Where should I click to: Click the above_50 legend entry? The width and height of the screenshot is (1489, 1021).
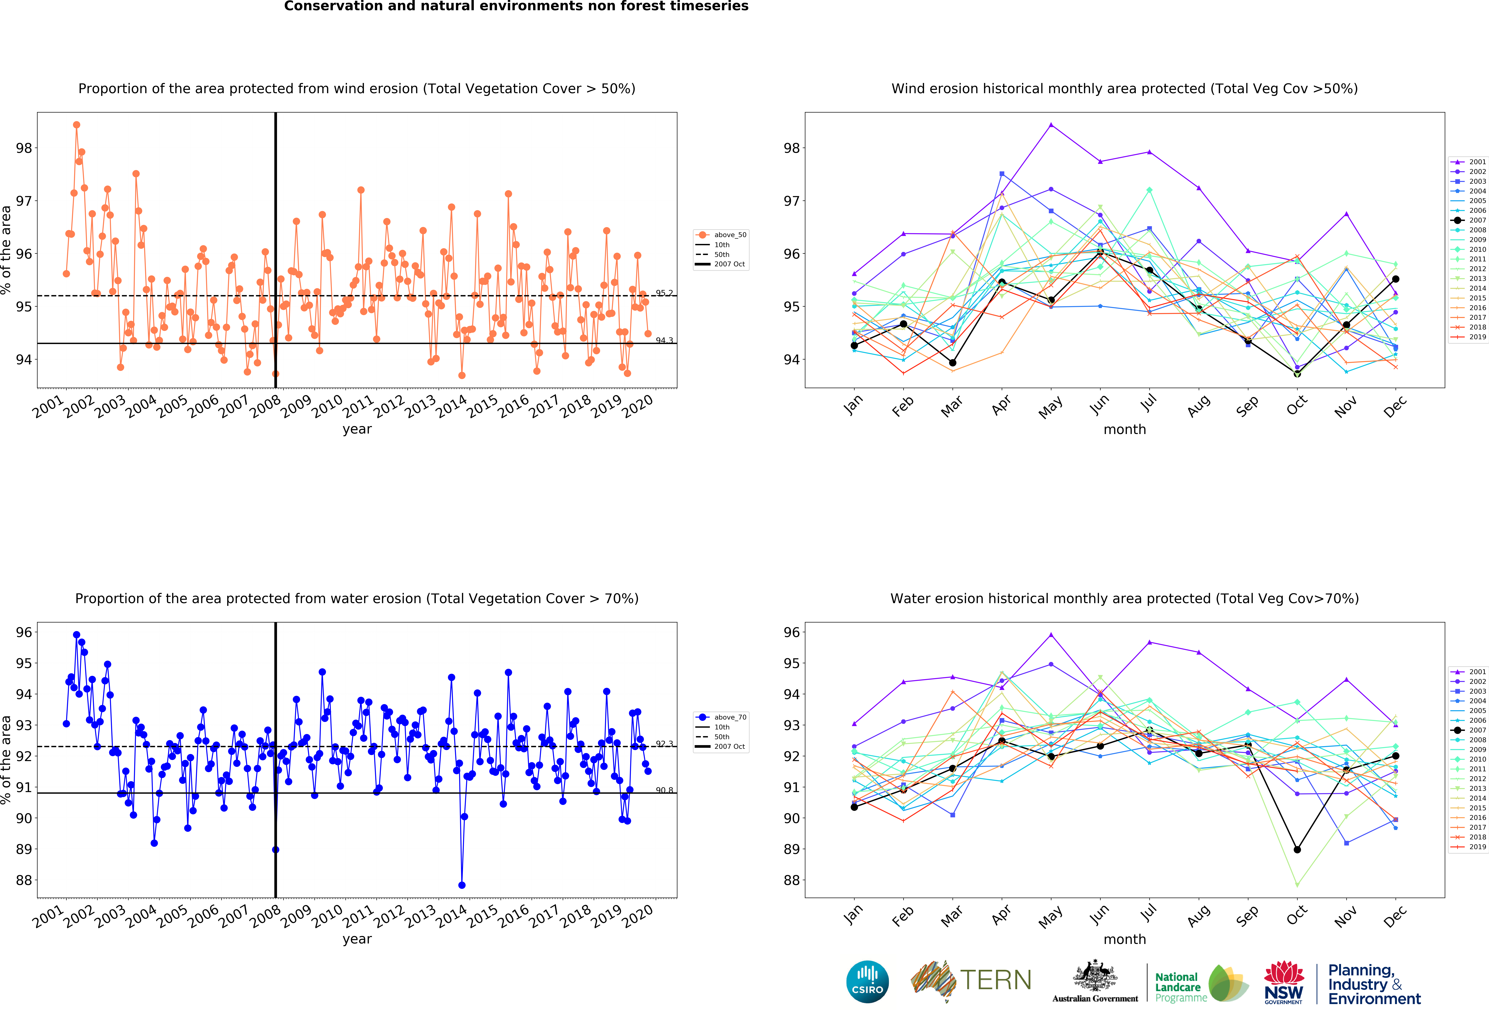(x=721, y=235)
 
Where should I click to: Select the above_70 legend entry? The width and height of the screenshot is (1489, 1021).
(x=721, y=717)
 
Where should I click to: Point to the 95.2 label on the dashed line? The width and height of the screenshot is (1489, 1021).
(x=664, y=293)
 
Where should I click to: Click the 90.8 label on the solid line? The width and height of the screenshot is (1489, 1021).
(x=664, y=790)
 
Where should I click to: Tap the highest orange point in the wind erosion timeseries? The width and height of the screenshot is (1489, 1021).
(x=76, y=125)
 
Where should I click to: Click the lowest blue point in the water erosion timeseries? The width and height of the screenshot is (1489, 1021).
(x=462, y=885)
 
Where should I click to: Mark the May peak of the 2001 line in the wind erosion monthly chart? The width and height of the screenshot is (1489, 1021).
(x=1051, y=124)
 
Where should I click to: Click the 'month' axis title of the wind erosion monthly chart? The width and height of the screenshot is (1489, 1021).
(x=1124, y=429)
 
